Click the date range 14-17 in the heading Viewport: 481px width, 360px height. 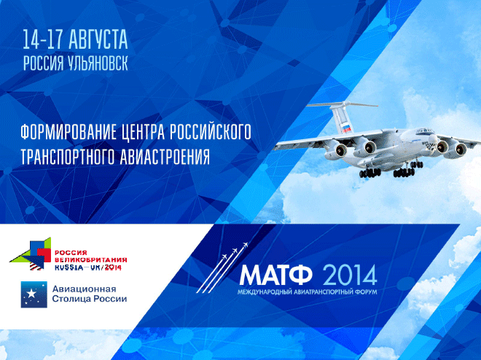[43, 40]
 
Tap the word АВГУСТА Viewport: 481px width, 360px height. [98, 40]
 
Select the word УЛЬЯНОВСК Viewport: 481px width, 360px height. [97, 63]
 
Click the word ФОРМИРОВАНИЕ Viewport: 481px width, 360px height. [69, 132]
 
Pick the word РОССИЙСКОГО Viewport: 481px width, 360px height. [210, 132]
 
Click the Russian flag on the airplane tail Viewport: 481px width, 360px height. [347, 128]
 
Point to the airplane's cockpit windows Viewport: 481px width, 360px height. [425, 132]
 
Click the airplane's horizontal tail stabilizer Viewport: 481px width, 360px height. [342, 104]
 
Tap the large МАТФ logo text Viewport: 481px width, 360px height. [276, 275]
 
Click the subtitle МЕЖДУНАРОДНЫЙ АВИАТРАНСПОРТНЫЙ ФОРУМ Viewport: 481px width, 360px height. [307, 291]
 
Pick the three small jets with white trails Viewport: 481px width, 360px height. [222, 267]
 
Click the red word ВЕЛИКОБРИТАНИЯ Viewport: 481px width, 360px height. [91, 260]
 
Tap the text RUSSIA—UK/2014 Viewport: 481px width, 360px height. [88, 267]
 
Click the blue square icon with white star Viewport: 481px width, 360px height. [34, 294]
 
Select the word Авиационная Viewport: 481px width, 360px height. [84, 289]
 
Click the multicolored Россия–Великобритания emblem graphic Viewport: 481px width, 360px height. [31, 254]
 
